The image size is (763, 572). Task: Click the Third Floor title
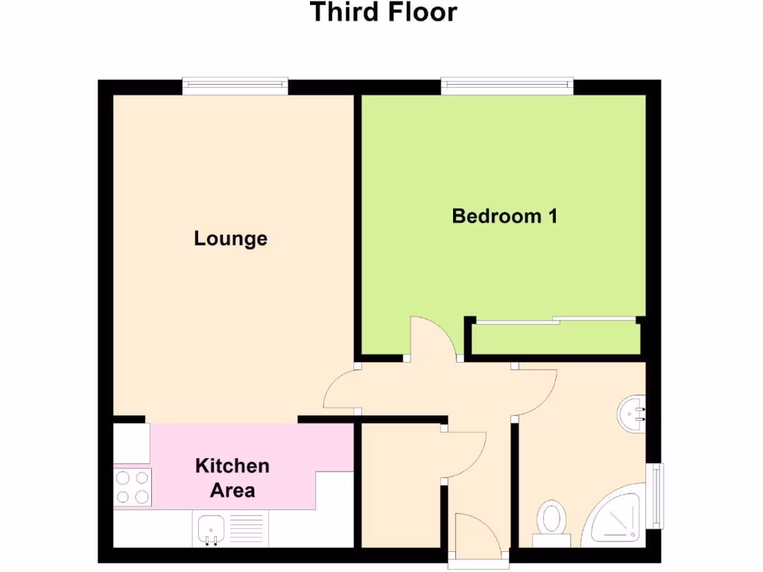tap(383, 13)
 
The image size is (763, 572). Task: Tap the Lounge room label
tap(230, 239)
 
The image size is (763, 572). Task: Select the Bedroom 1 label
tap(504, 217)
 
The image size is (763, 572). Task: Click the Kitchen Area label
tap(232, 478)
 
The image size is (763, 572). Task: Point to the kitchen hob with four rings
tap(132, 488)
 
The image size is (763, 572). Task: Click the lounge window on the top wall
tap(235, 86)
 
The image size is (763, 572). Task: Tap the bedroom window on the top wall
tap(507, 86)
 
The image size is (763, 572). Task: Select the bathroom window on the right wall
tap(653, 495)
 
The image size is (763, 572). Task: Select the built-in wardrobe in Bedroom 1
tap(556, 339)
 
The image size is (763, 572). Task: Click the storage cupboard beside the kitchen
tap(400, 484)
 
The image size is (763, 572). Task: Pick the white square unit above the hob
tap(131, 443)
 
